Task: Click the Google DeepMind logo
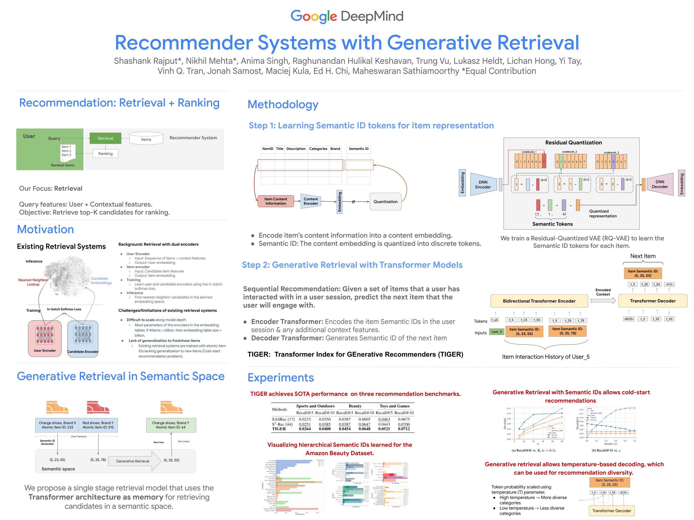(347, 16)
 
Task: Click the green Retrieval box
(105, 138)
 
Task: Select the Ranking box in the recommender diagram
(105, 154)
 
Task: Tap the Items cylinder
(146, 139)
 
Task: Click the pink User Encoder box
(45, 338)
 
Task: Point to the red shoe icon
(98, 407)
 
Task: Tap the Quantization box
(385, 202)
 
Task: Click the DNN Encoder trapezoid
(483, 185)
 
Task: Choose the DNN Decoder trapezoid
(660, 184)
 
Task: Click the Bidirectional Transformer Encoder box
(539, 301)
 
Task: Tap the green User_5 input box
(497, 332)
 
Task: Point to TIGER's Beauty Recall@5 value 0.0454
(345, 429)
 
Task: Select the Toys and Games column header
(394, 406)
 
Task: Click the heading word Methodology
(283, 104)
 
